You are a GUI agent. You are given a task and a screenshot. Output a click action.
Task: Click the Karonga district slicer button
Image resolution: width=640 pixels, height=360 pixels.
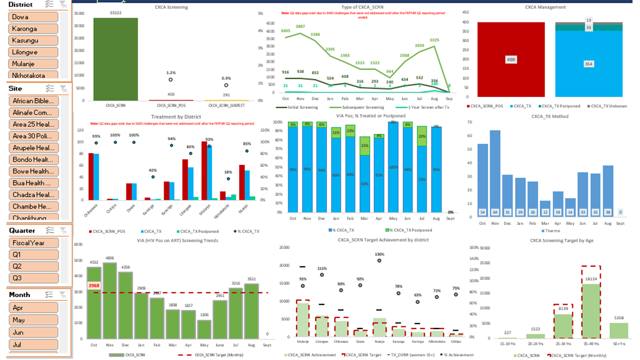click(33, 29)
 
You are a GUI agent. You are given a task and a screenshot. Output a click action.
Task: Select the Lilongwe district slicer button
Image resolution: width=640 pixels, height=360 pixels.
click(33, 52)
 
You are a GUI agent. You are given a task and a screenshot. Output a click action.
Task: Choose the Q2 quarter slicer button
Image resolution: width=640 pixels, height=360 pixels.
click(33, 266)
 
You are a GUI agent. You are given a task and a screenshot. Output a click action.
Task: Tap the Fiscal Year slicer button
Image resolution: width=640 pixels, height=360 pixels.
click(33, 243)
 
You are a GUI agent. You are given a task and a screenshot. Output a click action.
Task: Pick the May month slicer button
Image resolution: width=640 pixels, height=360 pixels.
click(33, 320)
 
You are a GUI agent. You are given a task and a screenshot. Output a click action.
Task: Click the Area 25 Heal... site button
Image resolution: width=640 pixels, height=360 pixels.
click(33, 124)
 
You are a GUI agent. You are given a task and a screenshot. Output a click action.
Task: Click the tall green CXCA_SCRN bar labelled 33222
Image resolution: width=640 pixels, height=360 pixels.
click(115, 59)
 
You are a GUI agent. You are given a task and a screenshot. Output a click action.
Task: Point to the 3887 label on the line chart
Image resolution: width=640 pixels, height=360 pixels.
click(300, 26)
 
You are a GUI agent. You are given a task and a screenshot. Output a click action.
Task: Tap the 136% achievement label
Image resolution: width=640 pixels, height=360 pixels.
click(379, 254)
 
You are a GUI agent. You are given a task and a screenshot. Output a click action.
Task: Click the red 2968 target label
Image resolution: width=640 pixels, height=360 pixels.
click(94, 286)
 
